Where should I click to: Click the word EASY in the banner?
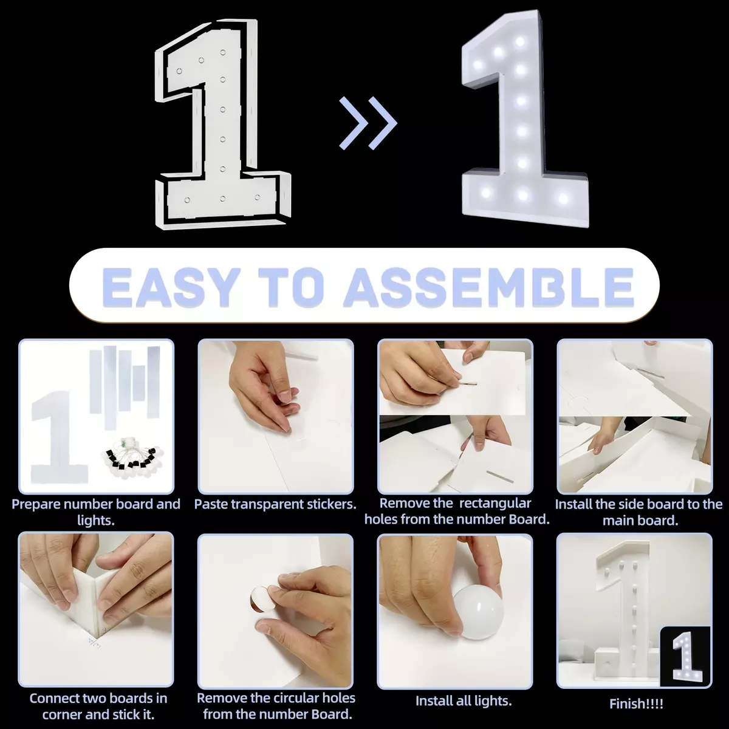coord(171,287)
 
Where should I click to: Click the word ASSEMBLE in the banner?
coord(489,287)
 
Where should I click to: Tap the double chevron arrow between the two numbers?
coord(368,123)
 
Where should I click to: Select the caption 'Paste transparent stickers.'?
coord(275,504)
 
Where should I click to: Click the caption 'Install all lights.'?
coord(464,701)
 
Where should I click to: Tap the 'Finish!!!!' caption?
coord(636,704)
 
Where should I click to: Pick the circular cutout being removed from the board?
coord(259,598)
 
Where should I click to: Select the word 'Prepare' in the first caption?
coord(36,505)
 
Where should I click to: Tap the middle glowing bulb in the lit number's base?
coord(523,195)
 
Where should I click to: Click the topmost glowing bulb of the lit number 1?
coord(520,41)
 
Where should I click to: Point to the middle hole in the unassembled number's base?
coord(222,199)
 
